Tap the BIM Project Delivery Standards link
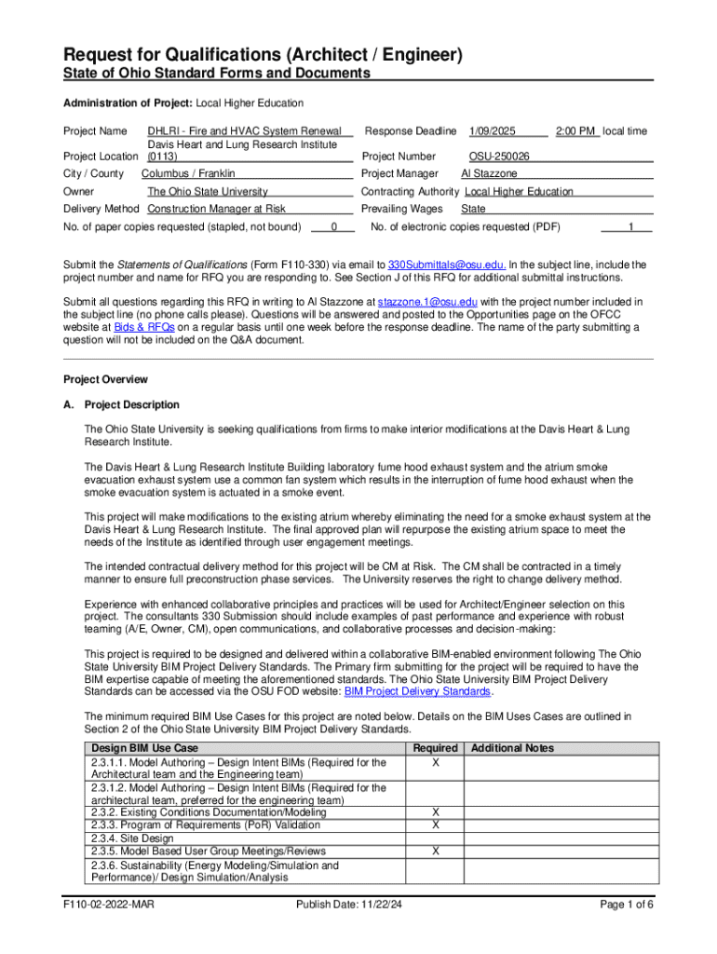click(x=417, y=692)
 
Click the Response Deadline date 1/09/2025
click(x=490, y=131)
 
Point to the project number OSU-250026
click(x=499, y=157)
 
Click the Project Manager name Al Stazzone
click(x=490, y=174)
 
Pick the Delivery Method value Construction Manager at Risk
click(x=217, y=210)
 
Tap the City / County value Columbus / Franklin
click(x=189, y=174)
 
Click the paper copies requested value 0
click(x=333, y=227)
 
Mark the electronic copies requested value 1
click(x=631, y=227)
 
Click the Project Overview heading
click(x=105, y=380)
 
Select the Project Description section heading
click(x=131, y=405)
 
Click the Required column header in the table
click(x=435, y=748)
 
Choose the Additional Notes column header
click(x=513, y=748)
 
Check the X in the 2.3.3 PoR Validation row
click(x=435, y=825)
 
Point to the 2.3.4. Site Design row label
click(x=132, y=838)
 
